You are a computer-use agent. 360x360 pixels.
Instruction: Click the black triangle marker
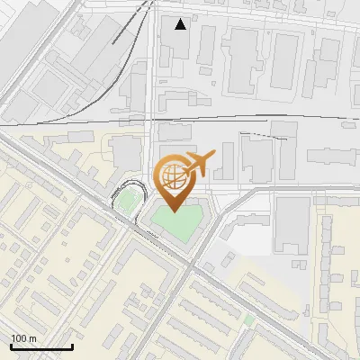(181, 24)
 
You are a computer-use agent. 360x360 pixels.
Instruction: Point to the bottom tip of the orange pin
(174, 211)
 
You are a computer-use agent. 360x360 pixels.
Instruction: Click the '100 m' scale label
(23, 338)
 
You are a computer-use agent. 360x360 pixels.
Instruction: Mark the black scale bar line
(40, 346)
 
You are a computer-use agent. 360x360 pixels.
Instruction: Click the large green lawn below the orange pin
(175, 225)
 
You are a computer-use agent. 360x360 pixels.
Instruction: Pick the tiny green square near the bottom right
(248, 319)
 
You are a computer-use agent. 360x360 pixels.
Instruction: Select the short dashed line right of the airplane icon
(255, 134)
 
